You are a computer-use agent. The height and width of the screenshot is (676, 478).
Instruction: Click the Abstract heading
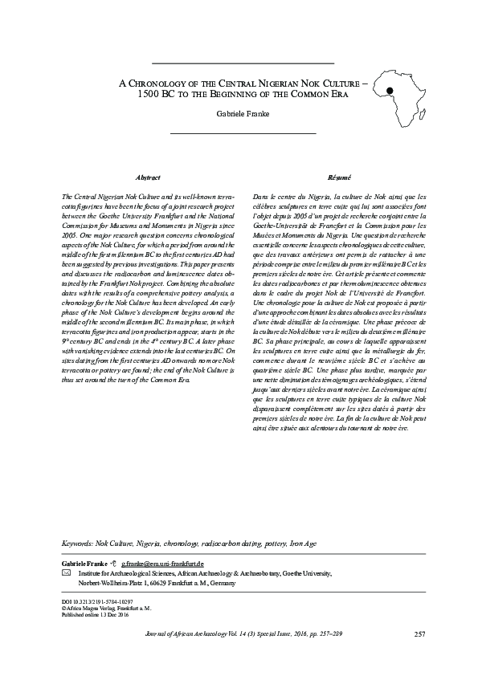point(149,177)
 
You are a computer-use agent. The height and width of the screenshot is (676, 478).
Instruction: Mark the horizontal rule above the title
point(243,63)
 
